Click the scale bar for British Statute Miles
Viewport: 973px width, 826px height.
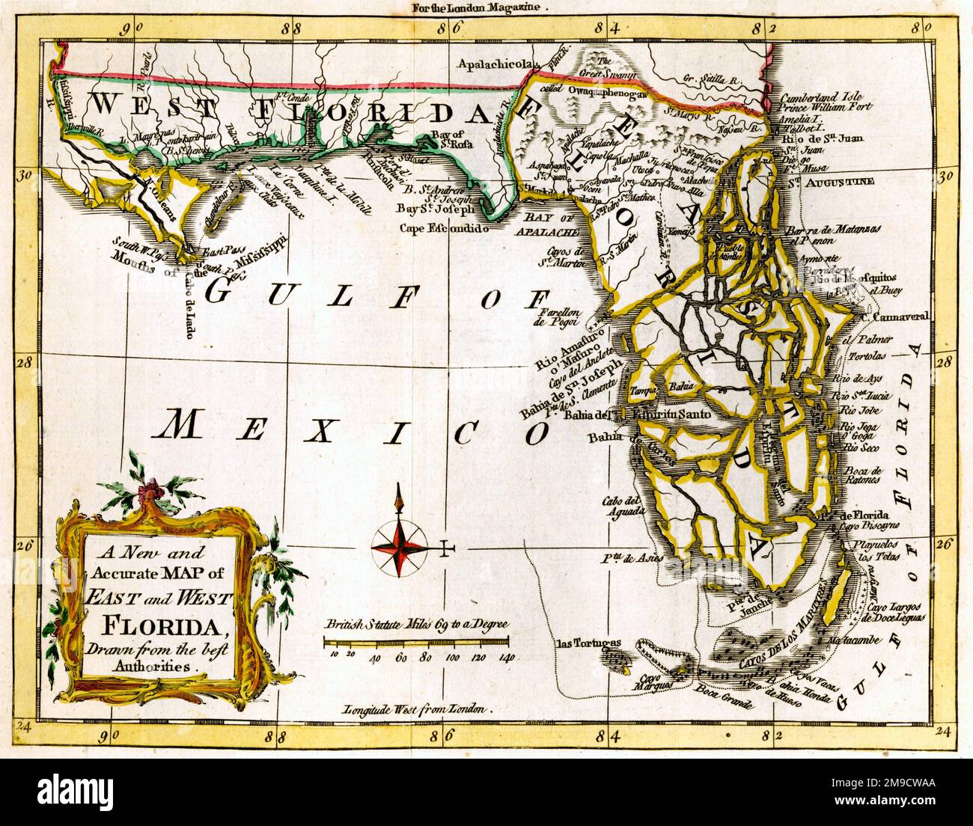(416, 640)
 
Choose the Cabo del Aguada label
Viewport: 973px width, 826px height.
(623, 507)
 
